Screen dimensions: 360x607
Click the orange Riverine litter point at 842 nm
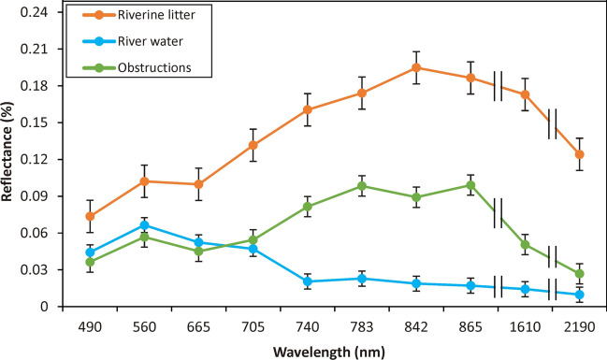(x=416, y=67)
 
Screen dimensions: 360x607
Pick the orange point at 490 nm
(x=90, y=216)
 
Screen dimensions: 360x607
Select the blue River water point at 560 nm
(x=144, y=225)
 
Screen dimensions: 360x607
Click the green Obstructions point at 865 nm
(x=470, y=185)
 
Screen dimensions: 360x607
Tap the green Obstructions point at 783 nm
(x=362, y=185)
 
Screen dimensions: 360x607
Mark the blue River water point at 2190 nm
(x=580, y=295)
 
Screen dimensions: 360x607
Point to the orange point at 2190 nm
(x=580, y=154)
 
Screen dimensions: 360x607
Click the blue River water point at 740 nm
(x=308, y=281)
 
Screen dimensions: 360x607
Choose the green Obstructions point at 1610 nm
(x=526, y=245)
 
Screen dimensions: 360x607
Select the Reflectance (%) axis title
(x=9, y=159)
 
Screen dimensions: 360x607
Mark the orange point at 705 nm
(x=253, y=145)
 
